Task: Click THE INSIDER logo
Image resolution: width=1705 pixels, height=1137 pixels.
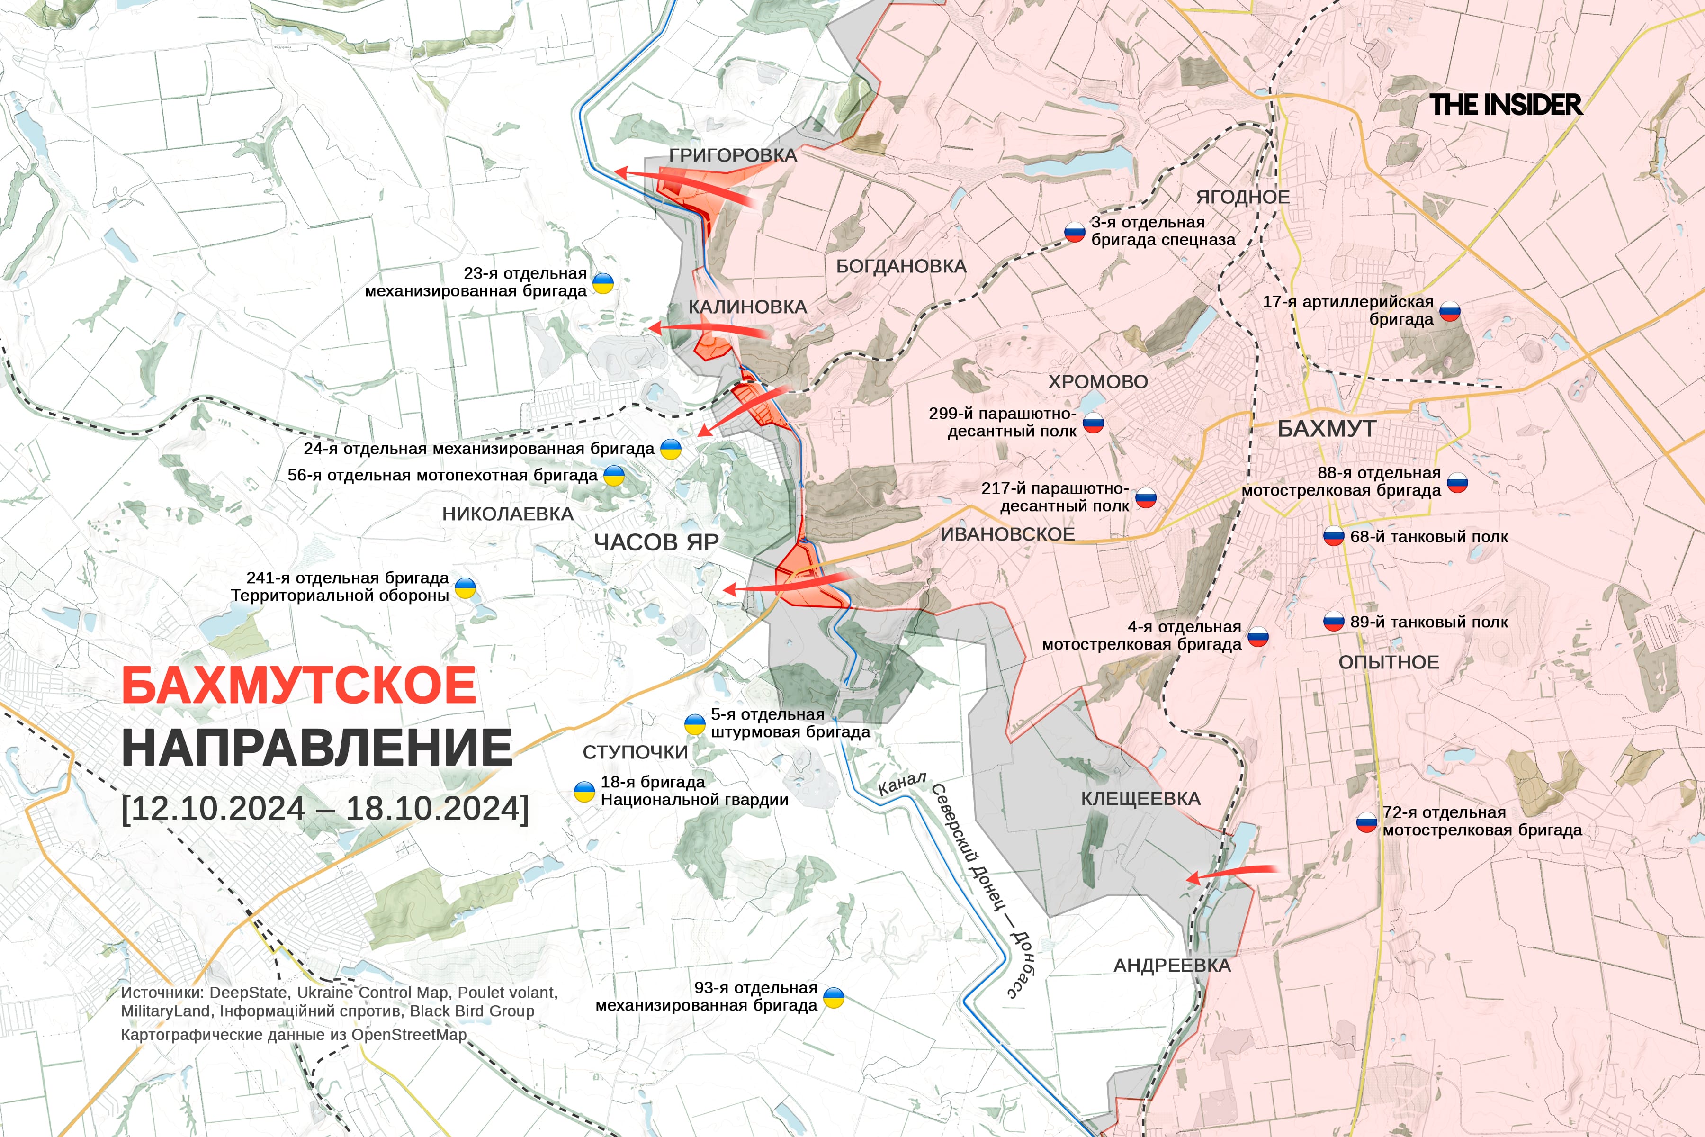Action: tap(1506, 105)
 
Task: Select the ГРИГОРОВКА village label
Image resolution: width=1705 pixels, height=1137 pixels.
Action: tap(733, 155)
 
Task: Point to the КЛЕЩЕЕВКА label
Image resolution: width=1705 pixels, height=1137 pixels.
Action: tap(1140, 799)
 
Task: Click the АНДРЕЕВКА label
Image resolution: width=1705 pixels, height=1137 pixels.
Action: tap(1171, 966)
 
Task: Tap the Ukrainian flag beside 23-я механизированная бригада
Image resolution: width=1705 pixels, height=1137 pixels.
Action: tap(603, 283)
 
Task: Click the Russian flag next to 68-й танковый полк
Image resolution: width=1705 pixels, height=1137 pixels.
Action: tap(1334, 537)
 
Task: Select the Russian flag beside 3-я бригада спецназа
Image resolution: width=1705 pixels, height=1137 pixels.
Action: tap(1074, 231)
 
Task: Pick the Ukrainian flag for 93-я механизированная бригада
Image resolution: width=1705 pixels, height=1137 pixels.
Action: tap(834, 998)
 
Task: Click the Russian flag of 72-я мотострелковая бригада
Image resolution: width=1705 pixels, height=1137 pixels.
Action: tap(1366, 822)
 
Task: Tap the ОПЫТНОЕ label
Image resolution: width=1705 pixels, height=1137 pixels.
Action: tap(1388, 662)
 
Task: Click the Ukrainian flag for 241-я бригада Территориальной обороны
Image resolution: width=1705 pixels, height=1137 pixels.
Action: tap(465, 587)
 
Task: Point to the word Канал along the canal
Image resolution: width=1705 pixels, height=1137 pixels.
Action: tap(901, 784)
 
